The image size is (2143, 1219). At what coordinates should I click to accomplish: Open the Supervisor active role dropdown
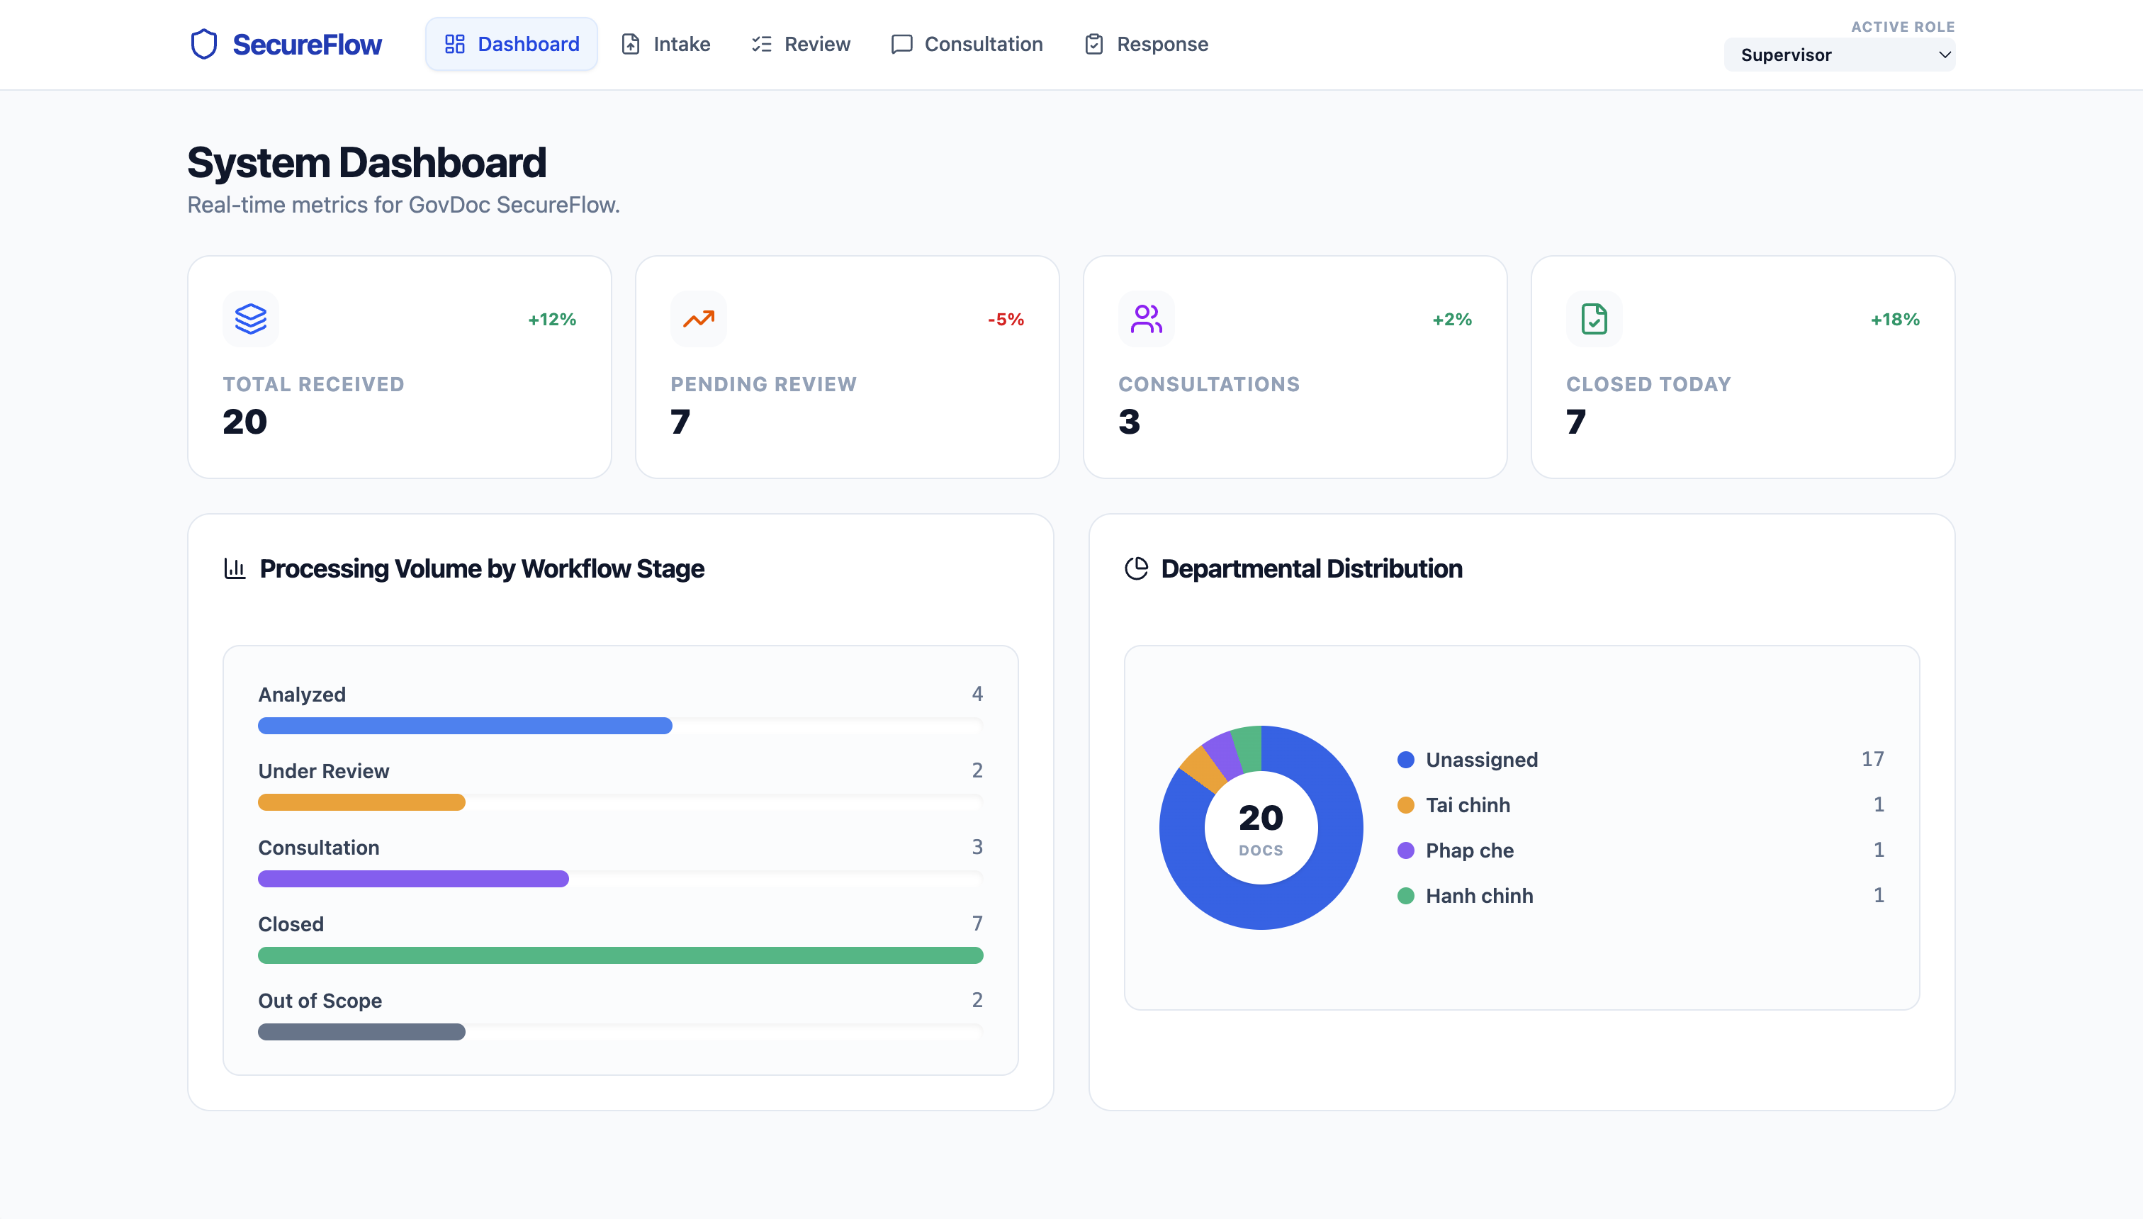(x=1839, y=55)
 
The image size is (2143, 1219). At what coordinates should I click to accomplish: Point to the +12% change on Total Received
(x=551, y=319)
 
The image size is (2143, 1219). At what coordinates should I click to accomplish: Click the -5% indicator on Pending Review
(x=1006, y=319)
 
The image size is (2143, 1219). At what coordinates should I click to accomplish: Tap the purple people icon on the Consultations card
(x=1146, y=318)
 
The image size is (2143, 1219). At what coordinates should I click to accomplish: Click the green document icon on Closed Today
(x=1594, y=318)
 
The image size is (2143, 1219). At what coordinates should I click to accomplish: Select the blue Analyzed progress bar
(x=465, y=726)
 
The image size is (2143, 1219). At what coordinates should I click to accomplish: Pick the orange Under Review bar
(x=361, y=802)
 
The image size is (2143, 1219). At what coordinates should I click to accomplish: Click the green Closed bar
(x=620, y=955)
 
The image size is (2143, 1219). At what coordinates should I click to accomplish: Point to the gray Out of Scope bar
(x=361, y=1031)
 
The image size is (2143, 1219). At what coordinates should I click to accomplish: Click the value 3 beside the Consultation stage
(x=977, y=846)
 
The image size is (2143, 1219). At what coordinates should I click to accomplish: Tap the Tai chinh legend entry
(x=1468, y=804)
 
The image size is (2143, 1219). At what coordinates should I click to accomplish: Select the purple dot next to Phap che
(x=1405, y=850)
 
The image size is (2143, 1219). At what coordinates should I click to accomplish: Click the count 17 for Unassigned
(x=1872, y=758)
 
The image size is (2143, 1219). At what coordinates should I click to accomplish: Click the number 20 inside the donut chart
(x=1261, y=818)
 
